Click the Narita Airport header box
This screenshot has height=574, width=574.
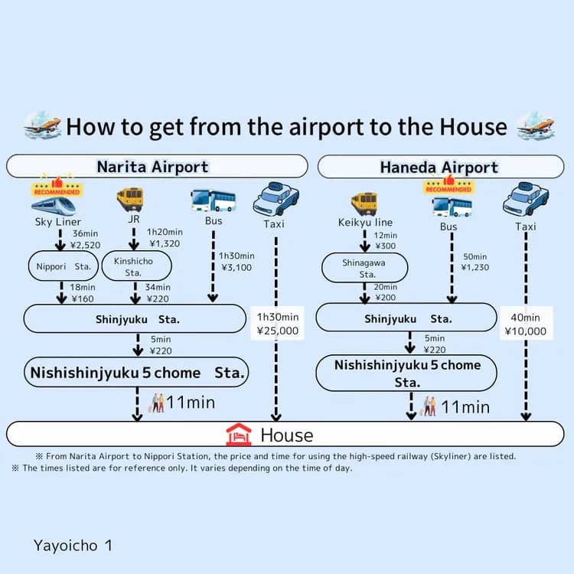click(x=157, y=166)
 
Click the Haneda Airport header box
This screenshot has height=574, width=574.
click(x=439, y=167)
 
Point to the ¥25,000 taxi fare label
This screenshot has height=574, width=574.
click(x=278, y=331)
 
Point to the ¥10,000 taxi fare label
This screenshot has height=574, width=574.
click(x=526, y=331)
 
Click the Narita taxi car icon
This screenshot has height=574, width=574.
click(x=276, y=201)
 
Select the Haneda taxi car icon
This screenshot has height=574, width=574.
click(x=526, y=201)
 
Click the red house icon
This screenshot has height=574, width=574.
click(x=239, y=435)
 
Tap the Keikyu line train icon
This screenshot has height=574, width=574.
click(x=364, y=204)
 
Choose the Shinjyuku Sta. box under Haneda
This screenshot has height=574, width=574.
click(x=406, y=318)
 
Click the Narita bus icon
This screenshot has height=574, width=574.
click(x=213, y=201)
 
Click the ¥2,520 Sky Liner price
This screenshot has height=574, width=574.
click(x=85, y=246)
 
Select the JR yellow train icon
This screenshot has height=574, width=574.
click(x=129, y=200)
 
